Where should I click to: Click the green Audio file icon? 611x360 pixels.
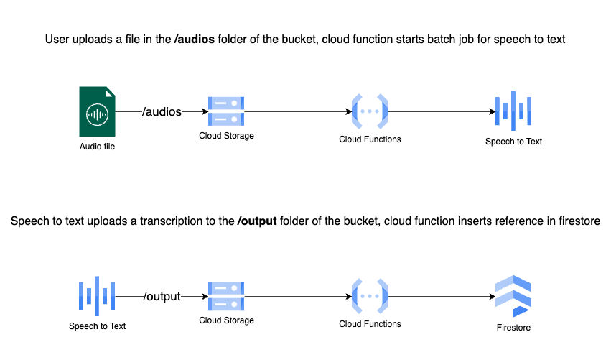[97, 111]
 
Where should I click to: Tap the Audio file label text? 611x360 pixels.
[97, 147]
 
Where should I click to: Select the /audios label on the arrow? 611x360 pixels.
[162, 111]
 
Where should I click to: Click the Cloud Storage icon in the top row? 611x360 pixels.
[226, 111]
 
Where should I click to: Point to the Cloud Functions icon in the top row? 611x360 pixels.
[370, 111]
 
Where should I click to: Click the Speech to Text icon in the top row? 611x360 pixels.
[513, 111]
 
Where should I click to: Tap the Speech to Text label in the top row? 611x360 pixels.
[513, 142]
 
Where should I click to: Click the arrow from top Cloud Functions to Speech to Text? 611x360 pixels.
[442, 111]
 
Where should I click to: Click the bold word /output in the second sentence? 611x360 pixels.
[257, 222]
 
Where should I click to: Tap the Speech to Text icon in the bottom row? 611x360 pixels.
[97, 295]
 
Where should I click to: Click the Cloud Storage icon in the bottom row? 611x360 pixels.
[226, 295]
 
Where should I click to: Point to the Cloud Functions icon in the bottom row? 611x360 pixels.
[370, 295]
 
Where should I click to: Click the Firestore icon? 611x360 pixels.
[513, 295]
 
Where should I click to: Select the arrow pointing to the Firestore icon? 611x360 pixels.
[442, 295]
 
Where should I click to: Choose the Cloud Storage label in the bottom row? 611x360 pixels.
[226, 320]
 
